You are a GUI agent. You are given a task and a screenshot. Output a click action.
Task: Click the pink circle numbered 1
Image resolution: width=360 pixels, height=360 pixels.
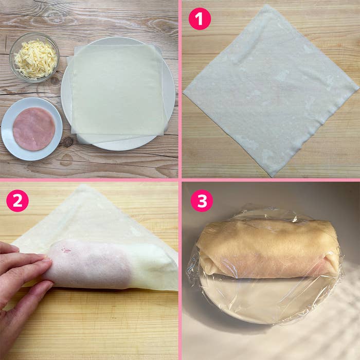coord(200,19)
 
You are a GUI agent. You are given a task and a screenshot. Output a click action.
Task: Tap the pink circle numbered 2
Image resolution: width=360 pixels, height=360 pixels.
coord(17,201)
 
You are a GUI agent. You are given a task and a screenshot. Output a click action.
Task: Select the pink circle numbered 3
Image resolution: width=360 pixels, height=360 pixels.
coord(202,201)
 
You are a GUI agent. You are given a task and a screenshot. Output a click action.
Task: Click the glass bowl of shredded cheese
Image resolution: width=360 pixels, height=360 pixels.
coord(34,58)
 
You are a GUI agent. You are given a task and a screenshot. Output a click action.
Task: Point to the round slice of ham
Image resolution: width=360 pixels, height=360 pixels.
coord(34,129)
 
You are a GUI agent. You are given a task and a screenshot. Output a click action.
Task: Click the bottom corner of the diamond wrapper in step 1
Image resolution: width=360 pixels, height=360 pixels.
coord(272,176)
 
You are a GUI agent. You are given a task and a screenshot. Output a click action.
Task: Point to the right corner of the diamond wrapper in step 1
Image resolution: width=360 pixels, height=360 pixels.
coord(358,88)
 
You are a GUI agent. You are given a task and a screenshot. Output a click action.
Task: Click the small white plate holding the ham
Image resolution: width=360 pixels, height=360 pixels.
coord(32,129)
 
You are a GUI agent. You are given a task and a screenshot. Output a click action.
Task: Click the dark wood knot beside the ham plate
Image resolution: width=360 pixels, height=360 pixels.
coord(68,141)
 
